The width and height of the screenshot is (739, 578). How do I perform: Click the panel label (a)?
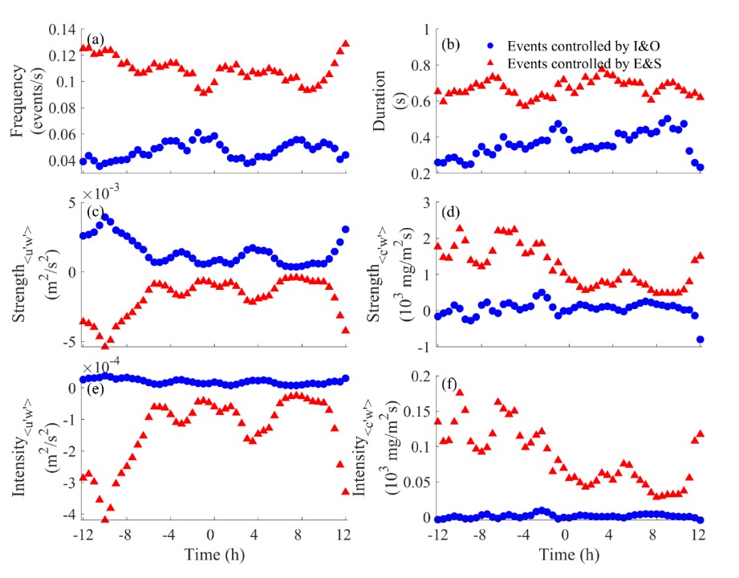click(x=95, y=37)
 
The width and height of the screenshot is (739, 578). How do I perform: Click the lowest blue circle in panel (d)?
click(x=700, y=340)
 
